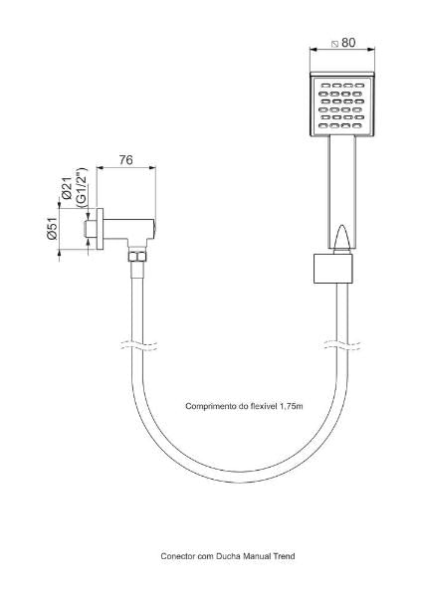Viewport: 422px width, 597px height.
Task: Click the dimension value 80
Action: (348, 43)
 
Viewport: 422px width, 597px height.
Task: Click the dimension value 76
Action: (126, 160)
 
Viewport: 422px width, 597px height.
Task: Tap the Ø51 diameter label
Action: (52, 228)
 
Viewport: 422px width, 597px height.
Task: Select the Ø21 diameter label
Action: (68, 188)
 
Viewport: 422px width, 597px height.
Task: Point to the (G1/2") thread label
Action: (82, 187)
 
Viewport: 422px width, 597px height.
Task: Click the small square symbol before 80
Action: (335, 44)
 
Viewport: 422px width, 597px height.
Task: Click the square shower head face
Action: (342, 103)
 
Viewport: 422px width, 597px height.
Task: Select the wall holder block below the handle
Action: (333, 269)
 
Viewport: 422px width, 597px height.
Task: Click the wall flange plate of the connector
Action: (100, 229)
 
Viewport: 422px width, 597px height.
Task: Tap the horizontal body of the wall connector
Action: (128, 229)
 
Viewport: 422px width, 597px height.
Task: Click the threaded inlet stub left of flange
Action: (91, 229)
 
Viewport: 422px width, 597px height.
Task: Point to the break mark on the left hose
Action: (138, 345)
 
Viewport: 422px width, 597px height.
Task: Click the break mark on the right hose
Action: (342, 345)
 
